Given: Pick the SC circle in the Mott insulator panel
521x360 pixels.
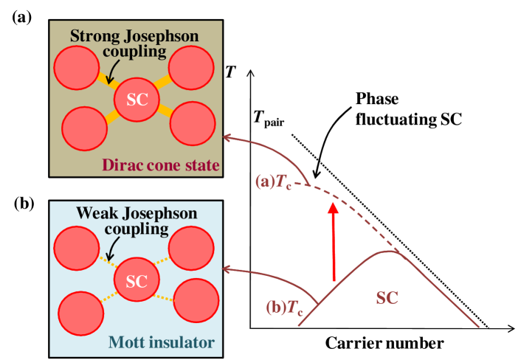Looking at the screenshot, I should pyautogui.click(x=137, y=282).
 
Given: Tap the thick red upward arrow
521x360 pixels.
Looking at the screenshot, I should pyautogui.click(x=334, y=240).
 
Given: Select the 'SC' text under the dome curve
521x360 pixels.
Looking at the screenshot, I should pyautogui.click(x=387, y=298).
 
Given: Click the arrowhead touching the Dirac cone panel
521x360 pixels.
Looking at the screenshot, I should pyautogui.click(x=228, y=136).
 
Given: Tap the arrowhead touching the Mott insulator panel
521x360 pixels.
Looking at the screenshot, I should pyautogui.click(x=228, y=271).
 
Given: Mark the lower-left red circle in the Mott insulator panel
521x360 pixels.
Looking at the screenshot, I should pyautogui.click(x=79, y=314).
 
